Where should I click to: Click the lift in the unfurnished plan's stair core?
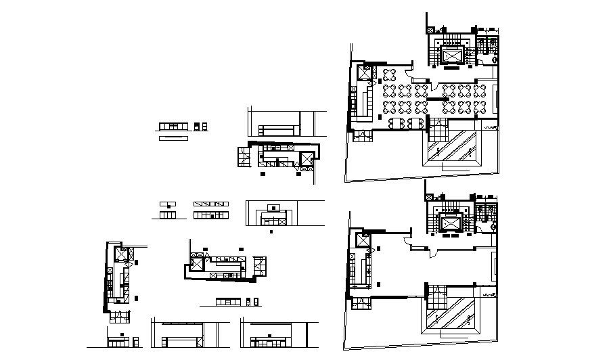tap(450, 224)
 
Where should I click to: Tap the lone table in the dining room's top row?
tap(390, 74)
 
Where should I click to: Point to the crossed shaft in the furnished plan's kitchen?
tap(371, 73)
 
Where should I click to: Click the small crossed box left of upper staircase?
tap(430, 29)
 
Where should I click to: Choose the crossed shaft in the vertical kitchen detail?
tap(120, 254)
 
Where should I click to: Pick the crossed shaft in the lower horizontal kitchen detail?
tap(197, 265)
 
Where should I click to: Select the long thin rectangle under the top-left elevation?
tap(175, 138)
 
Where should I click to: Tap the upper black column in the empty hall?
tap(378, 250)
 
